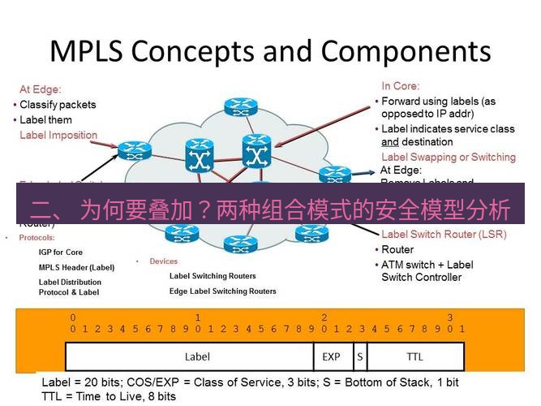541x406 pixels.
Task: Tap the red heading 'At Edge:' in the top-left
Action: point(40,89)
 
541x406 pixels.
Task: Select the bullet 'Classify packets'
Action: point(57,105)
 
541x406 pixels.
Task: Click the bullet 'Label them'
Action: point(45,120)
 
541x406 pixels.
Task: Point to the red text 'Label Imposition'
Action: point(58,136)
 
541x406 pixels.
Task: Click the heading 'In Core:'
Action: point(399,86)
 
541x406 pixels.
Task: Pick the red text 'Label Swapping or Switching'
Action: point(448,157)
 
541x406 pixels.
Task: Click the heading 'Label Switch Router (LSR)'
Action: point(443,235)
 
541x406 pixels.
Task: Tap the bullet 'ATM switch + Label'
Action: point(427,265)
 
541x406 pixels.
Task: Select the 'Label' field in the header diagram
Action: point(197,356)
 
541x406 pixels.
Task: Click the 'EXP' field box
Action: point(331,356)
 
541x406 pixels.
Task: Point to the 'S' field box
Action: point(359,356)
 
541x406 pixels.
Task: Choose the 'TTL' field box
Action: point(414,356)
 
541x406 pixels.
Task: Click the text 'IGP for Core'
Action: point(61,253)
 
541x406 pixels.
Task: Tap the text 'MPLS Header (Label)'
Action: point(76,267)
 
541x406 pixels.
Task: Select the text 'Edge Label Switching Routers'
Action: point(222,291)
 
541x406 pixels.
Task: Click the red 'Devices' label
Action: point(163,261)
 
